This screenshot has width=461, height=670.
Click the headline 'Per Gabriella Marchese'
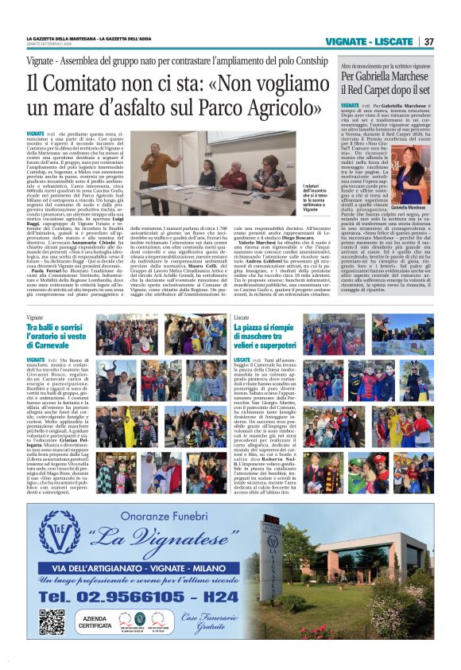[x=385, y=77]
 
